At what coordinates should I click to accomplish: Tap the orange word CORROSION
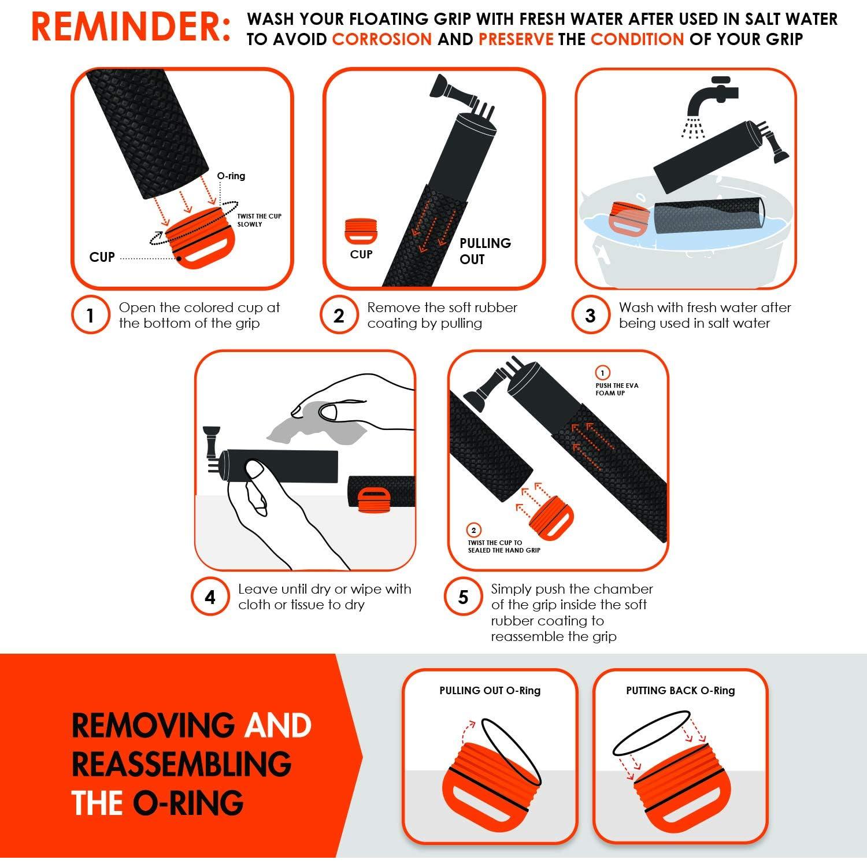point(382,39)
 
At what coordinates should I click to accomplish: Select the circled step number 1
point(90,316)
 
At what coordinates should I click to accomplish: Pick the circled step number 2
point(339,316)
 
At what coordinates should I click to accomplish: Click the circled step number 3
point(590,316)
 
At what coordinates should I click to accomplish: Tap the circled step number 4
point(210,597)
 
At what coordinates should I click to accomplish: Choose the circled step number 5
point(463,597)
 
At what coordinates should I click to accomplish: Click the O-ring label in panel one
point(231,176)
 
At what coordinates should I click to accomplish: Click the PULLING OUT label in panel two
point(485,251)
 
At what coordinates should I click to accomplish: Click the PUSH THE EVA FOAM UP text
point(617,389)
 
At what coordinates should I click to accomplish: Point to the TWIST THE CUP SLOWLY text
point(260,220)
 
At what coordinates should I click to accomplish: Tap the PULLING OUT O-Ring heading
point(490,690)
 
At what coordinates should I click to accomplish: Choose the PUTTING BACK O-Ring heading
point(680,690)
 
